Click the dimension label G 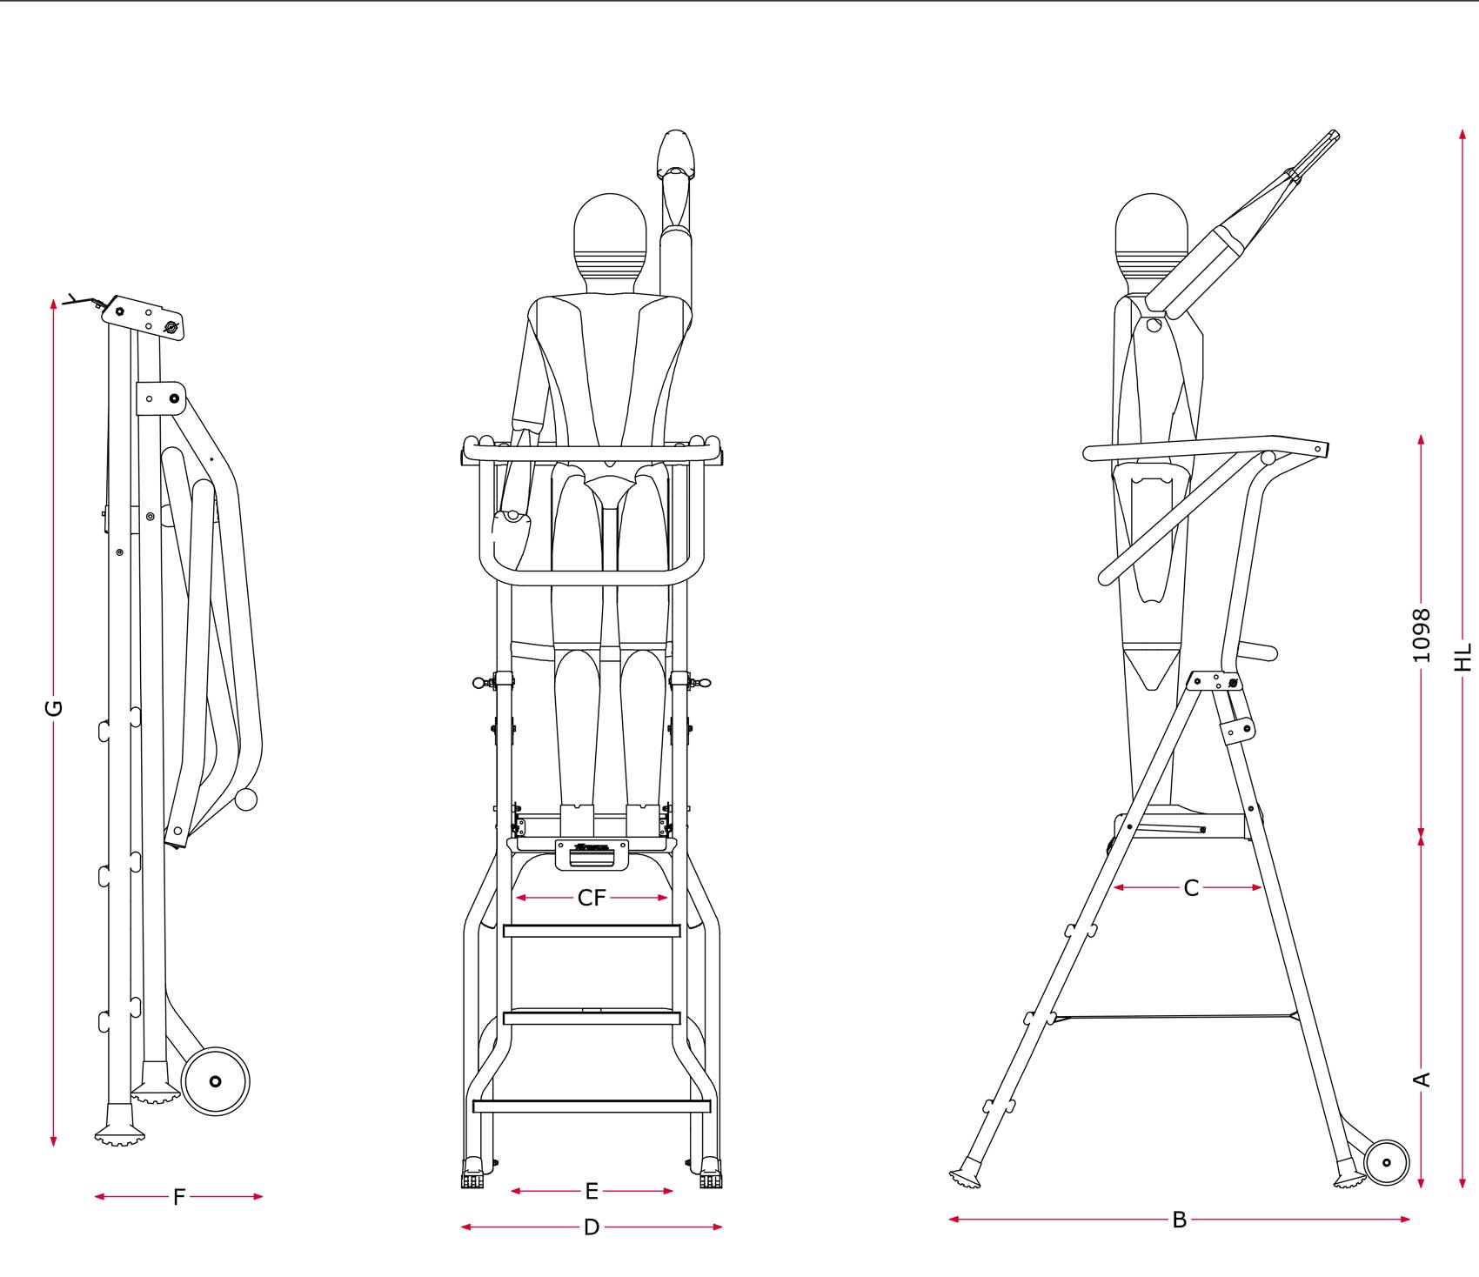point(54,707)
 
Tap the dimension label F point(179,1197)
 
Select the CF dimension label point(592,898)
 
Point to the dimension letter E point(592,1191)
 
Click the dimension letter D point(592,1227)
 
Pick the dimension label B point(1180,1220)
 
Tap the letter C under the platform point(1192,887)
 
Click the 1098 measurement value point(1421,635)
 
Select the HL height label point(1463,657)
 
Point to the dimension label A point(1422,1080)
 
